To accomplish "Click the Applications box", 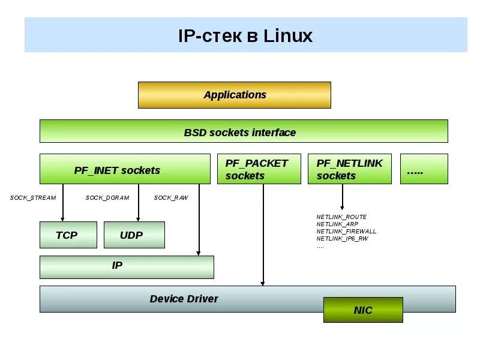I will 234,95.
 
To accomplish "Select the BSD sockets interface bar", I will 243,131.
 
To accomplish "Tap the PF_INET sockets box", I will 125,169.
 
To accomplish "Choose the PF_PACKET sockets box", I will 259,169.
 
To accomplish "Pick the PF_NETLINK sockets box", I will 349,169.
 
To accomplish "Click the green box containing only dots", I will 424,169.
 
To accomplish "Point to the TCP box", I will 67,235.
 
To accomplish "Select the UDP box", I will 133,235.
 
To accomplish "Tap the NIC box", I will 363,310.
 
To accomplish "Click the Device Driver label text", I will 184,298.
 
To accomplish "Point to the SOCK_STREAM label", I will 33,198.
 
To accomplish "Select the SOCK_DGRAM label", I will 107,198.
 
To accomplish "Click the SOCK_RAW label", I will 171,198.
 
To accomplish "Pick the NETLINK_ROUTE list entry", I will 341,217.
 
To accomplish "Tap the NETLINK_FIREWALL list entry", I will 346,231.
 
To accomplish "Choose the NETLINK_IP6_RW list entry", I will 342,238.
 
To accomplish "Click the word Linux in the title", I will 288,36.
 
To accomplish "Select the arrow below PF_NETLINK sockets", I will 343,197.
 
